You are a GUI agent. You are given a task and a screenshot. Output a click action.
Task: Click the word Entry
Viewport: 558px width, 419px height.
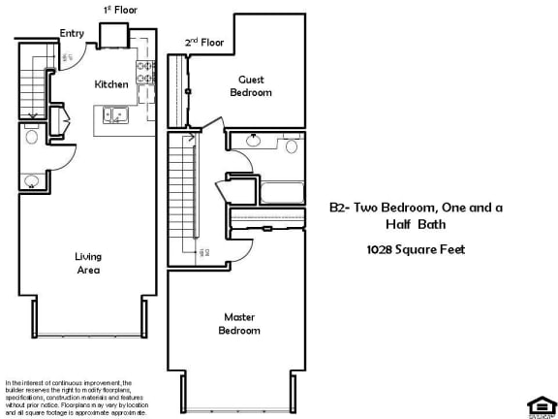click(72, 33)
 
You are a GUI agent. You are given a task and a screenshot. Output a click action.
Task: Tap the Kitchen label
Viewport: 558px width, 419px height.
click(110, 84)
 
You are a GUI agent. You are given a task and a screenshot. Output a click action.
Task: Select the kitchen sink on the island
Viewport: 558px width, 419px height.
click(116, 116)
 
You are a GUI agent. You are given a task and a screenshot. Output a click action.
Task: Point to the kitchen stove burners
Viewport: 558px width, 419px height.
click(147, 70)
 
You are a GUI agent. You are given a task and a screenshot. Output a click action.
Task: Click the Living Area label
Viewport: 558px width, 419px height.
click(89, 263)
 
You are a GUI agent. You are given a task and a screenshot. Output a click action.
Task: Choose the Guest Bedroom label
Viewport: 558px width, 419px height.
click(250, 86)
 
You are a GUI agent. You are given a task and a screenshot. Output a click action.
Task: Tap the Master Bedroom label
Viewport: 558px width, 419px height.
click(241, 323)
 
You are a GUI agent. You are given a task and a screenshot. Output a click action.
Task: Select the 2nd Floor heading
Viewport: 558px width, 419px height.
click(204, 43)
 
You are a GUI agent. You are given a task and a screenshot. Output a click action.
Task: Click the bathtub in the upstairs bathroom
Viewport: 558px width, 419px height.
click(267, 190)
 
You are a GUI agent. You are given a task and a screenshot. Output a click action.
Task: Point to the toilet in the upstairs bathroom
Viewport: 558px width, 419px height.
click(291, 146)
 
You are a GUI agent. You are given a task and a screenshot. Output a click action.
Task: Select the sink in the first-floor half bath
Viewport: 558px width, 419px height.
click(32, 180)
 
